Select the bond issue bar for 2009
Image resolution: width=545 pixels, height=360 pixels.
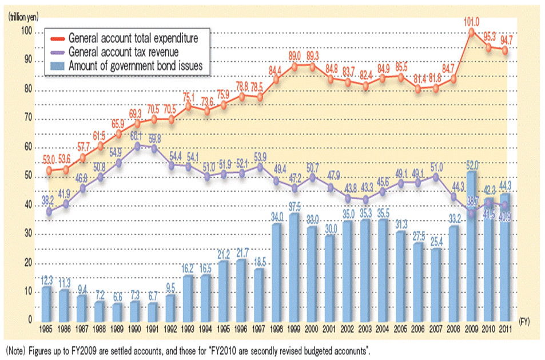(471, 246)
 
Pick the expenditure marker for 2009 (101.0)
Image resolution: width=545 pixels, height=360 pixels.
(471, 32)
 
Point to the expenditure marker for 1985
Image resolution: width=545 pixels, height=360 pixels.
(50, 170)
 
